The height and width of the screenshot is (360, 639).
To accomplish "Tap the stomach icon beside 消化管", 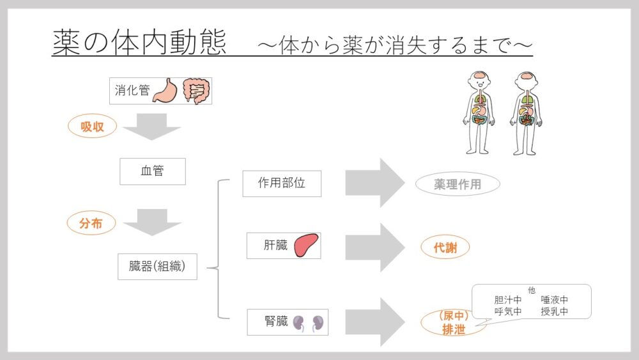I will [164, 91].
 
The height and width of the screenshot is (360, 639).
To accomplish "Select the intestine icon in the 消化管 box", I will [196, 91].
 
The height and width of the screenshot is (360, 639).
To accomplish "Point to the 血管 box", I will [152, 171].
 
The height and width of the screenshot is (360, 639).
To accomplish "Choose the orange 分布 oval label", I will [92, 223].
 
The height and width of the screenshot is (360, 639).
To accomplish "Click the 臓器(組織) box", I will [157, 267].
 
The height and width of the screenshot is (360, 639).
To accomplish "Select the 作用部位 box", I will [282, 184].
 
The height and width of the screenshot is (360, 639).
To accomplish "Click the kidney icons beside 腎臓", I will [309, 324].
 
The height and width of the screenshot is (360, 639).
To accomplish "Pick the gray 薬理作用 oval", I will [457, 185].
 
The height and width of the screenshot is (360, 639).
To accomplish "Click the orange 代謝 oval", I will [445, 247].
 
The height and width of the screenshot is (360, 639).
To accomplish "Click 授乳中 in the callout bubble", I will [554, 312].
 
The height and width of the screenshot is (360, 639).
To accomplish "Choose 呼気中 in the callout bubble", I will [508, 312].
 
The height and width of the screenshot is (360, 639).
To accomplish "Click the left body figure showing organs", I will [479, 113].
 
